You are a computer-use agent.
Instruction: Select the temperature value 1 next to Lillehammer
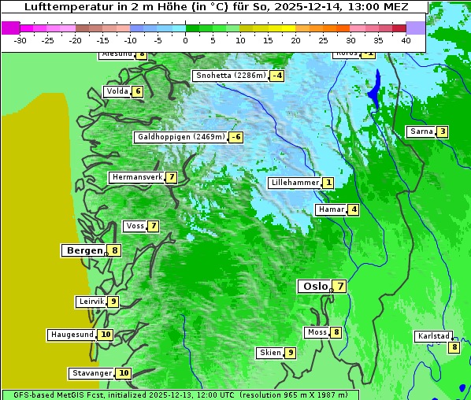(328, 183)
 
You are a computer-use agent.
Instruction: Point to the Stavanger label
(91, 373)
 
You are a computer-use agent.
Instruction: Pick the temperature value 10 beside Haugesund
(106, 335)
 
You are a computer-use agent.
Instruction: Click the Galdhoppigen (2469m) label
(181, 137)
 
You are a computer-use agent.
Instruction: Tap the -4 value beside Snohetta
(276, 76)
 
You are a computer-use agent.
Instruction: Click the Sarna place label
(421, 131)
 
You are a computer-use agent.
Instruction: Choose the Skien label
(269, 353)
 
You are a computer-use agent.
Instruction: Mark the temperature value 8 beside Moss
(336, 332)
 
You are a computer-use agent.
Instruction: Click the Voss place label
(135, 226)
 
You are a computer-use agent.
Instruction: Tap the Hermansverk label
(136, 177)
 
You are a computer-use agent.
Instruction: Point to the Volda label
(117, 91)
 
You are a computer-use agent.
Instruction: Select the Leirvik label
(91, 302)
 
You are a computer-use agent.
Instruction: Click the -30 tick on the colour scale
(20, 39)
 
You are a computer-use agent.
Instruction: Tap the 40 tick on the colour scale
(406, 39)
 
